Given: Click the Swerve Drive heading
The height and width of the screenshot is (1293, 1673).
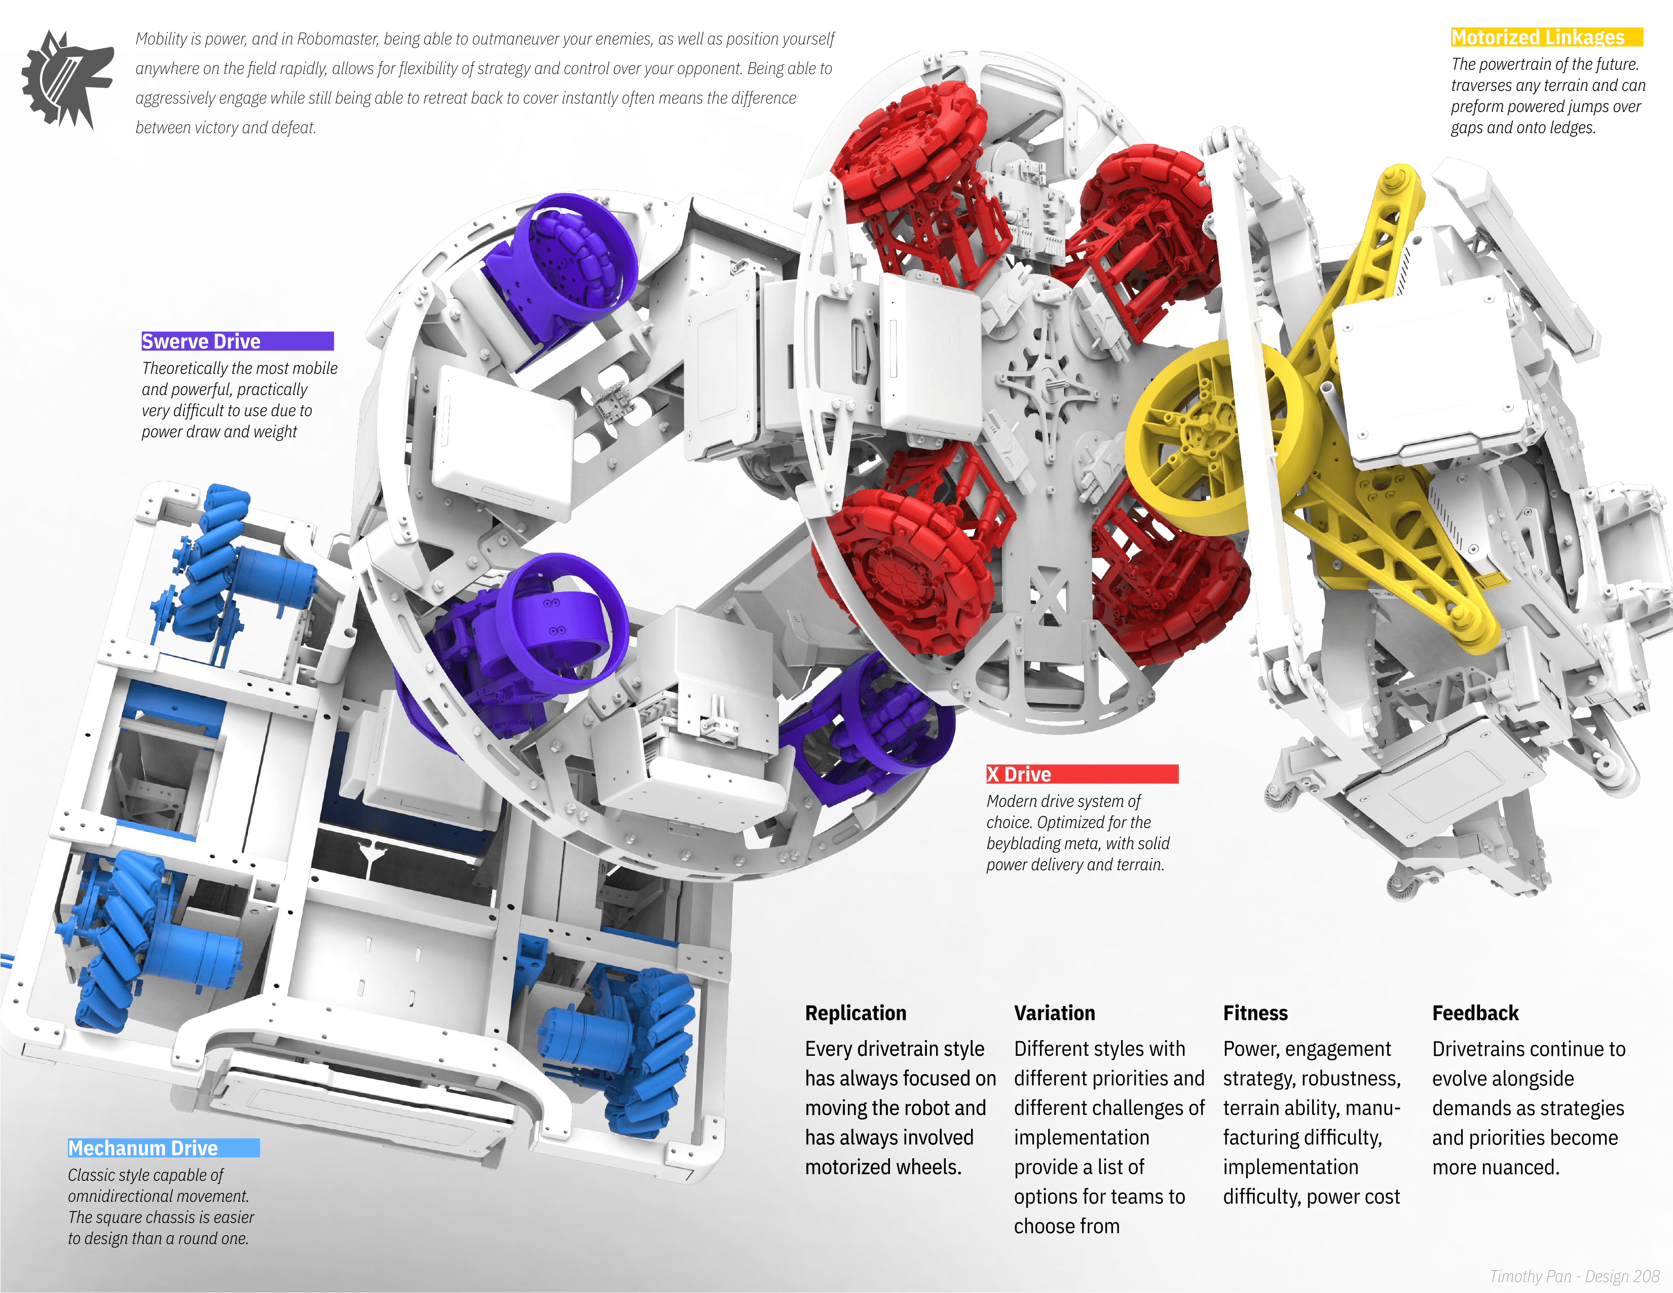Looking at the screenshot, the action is point(201,342).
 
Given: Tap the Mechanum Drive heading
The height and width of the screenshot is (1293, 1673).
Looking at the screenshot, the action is point(143,1148).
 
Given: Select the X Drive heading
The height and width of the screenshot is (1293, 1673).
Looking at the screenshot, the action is point(1019,774).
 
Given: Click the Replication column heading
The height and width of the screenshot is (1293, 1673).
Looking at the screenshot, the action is point(856,1013).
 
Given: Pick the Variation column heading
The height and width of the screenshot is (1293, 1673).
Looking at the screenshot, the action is point(1055,1013).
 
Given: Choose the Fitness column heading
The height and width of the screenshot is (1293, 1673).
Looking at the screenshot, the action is point(1255,1013).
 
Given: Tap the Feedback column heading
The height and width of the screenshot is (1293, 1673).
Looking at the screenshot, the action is point(1475,1013).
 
